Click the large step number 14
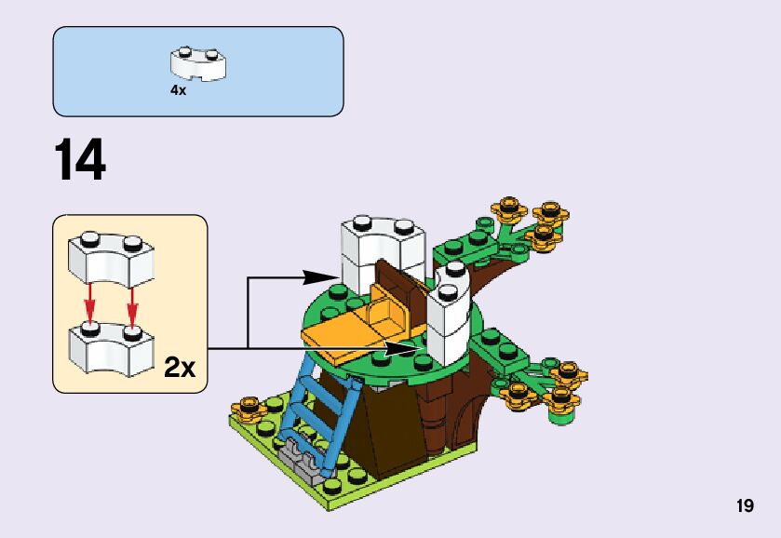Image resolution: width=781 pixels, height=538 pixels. click(x=80, y=160)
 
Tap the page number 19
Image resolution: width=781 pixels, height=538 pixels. click(x=744, y=506)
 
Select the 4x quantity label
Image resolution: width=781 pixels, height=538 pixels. click(x=178, y=90)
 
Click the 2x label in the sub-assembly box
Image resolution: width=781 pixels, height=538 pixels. click(x=179, y=367)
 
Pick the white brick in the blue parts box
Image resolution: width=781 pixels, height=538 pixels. click(x=199, y=63)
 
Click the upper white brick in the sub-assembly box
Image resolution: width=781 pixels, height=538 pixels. click(x=111, y=257)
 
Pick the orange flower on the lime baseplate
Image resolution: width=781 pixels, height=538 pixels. click(x=249, y=407)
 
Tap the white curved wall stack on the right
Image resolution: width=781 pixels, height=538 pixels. click(x=451, y=316)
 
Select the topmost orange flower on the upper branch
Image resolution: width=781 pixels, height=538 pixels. click(x=508, y=205)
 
